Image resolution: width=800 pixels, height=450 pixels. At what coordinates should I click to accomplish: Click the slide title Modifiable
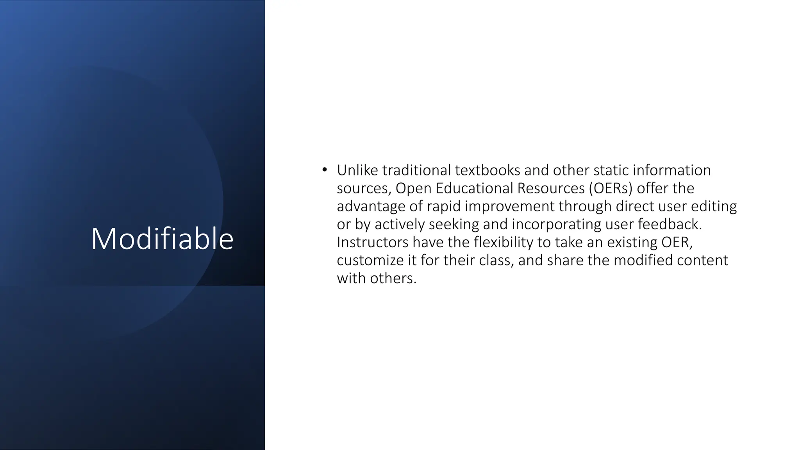[x=162, y=239]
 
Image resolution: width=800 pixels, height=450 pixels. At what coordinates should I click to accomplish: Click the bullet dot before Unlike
[x=324, y=170]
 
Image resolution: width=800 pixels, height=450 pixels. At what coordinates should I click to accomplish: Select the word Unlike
[x=357, y=170]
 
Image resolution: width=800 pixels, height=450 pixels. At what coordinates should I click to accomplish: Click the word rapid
[x=443, y=206]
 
